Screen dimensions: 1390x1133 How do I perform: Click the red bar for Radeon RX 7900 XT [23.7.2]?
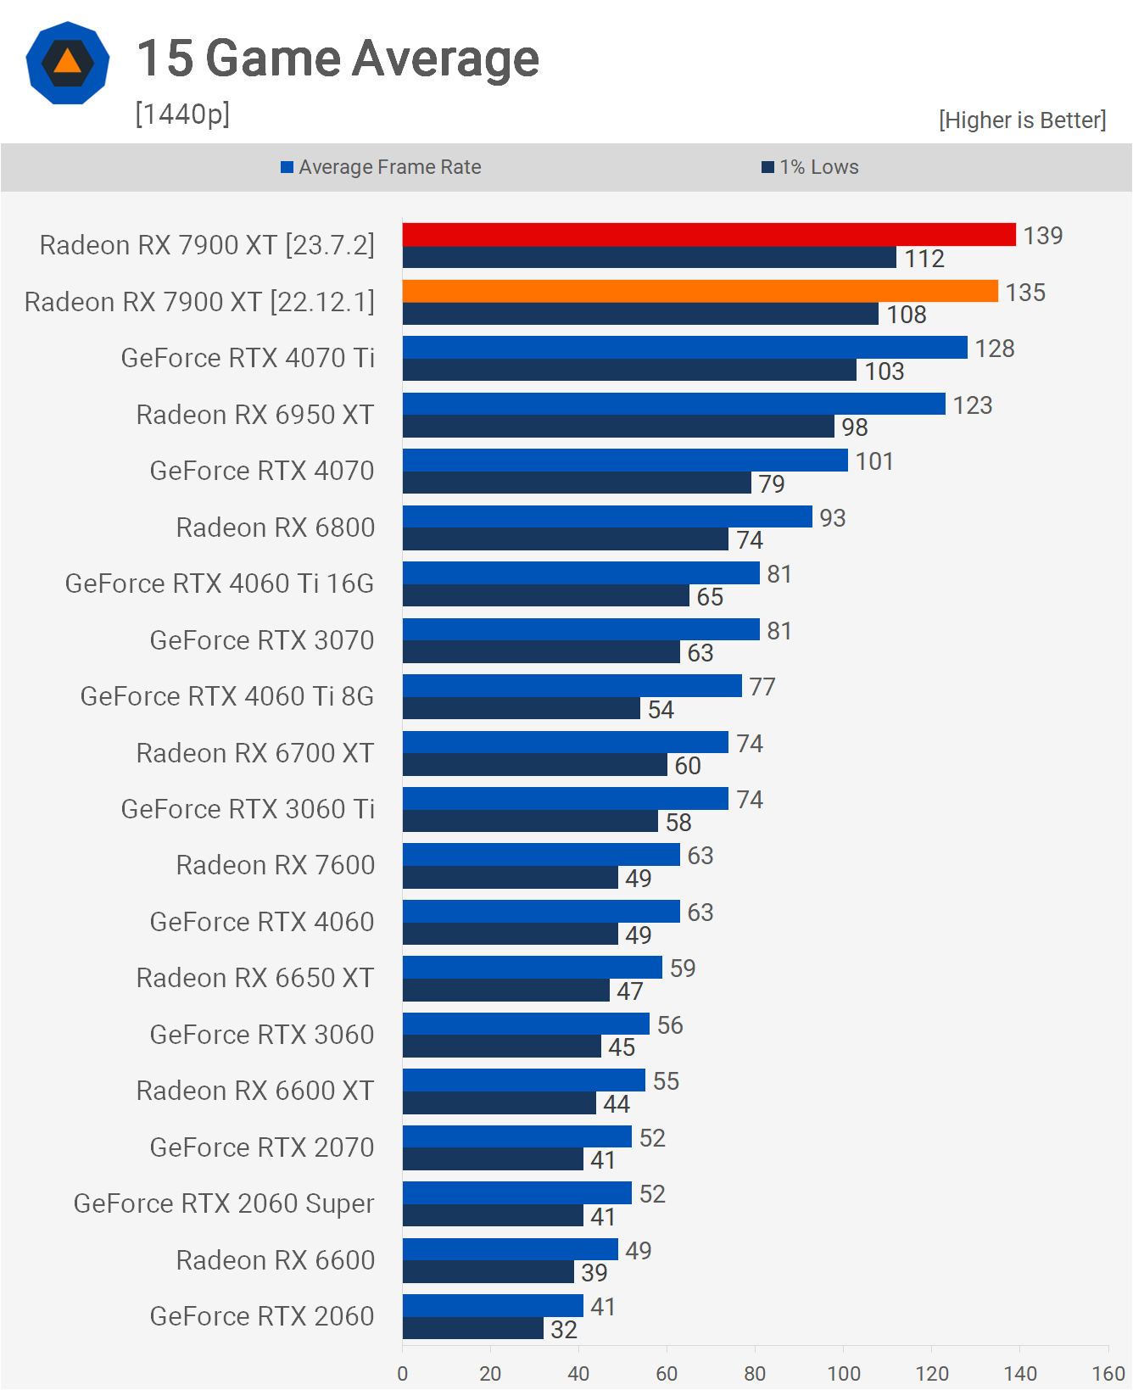(709, 235)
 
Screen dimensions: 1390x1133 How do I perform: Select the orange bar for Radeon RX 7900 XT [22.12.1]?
(700, 292)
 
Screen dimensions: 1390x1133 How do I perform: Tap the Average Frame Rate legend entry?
(381, 167)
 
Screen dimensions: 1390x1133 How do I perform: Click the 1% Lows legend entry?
(810, 167)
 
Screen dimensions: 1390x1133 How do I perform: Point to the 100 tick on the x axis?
(844, 1373)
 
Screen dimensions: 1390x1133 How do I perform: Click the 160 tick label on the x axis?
(1108, 1373)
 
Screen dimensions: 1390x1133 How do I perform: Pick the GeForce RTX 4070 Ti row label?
(248, 358)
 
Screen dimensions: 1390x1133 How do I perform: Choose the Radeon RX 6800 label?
(276, 528)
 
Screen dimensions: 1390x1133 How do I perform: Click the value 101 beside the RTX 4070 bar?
(874, 461)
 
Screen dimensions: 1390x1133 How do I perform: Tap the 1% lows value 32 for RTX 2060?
(564, 1329)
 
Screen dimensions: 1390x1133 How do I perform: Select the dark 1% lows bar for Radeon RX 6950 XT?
(618, 427)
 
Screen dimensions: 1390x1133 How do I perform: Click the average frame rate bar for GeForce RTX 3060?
(526, 1024)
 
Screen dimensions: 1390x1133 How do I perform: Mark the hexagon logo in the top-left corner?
(68, 63)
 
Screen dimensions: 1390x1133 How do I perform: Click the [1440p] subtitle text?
(182, 114)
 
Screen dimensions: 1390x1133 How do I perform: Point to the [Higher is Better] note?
(1022, 120)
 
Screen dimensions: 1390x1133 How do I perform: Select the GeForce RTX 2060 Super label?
(224, 1203)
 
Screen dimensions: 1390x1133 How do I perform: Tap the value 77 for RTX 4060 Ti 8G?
(762, 687)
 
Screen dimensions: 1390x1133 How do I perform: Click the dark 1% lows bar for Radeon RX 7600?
(511, 878)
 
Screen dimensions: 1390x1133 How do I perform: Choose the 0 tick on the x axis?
(403, 1373)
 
